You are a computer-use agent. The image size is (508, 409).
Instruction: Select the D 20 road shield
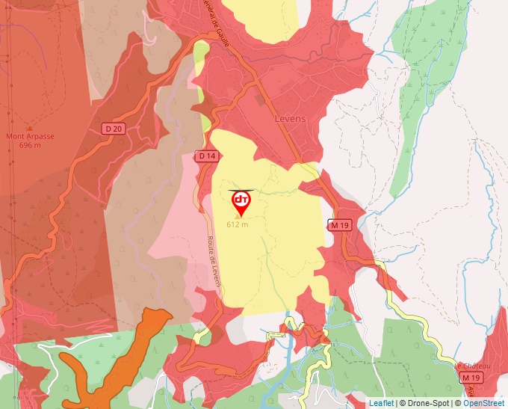pos(114,129)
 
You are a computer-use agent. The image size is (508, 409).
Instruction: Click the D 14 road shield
pos(207,156)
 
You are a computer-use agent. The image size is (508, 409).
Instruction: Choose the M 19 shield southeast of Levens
pos(339,224)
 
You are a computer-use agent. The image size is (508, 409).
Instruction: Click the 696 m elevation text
pos(30,145)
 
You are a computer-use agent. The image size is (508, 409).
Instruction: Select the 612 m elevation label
pos(237,224)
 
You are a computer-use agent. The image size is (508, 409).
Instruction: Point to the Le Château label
pos(473,366)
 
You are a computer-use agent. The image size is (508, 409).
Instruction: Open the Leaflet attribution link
pos(381,403)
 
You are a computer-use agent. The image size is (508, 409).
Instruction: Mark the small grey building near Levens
pos(259,99)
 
